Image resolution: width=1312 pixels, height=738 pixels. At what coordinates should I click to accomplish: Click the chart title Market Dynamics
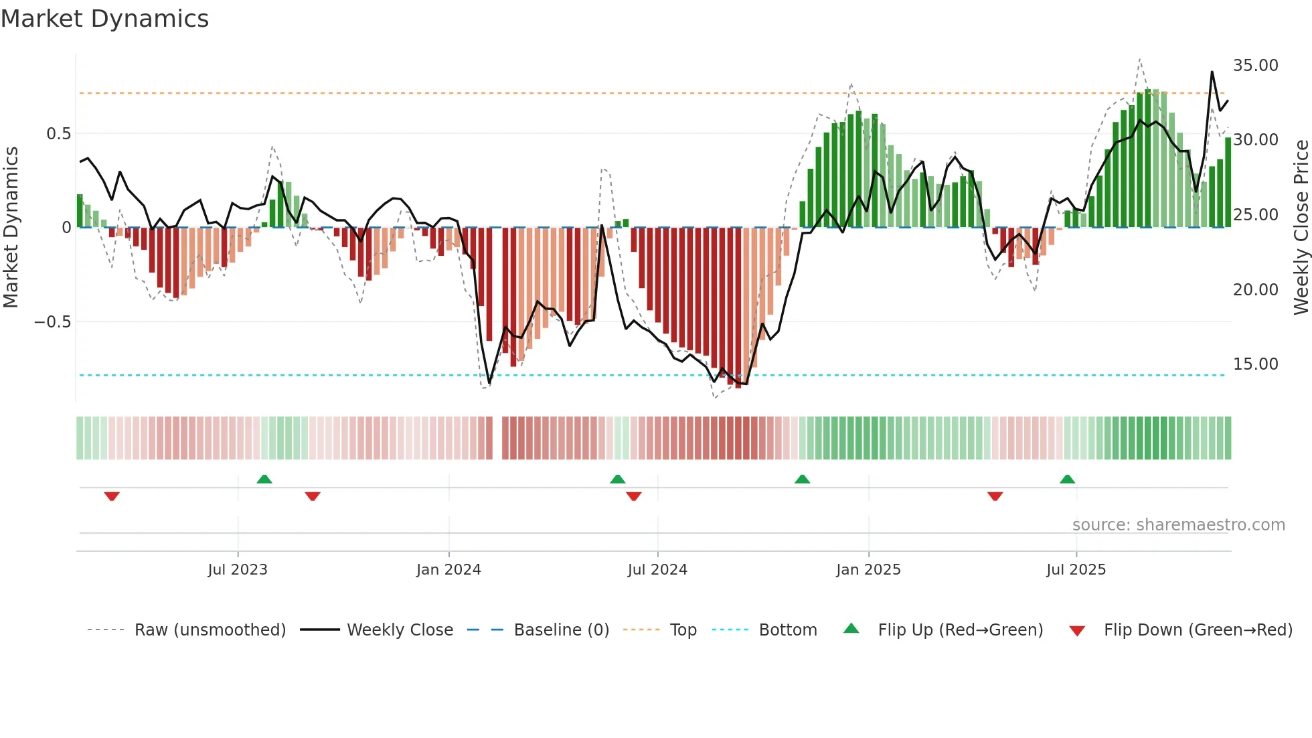[104, 19]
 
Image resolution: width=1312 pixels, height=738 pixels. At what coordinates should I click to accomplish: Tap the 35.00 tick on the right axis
[1255, 66]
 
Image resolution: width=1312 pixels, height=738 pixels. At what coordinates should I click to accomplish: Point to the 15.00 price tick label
[1255, 364]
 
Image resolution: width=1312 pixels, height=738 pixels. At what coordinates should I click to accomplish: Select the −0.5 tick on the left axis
[52, 322]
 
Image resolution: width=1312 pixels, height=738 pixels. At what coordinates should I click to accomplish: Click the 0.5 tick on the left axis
[58, 134]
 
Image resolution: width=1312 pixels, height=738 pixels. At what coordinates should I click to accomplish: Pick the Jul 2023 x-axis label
[237, 570]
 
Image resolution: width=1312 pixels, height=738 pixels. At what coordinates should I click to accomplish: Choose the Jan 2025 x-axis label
[868, 570]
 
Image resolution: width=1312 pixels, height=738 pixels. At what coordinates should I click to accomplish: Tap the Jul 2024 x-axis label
[657, 570]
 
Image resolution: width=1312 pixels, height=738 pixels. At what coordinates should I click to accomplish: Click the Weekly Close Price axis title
[1301, 227]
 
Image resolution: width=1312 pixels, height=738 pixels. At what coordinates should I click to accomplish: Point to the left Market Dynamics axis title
[11, 227]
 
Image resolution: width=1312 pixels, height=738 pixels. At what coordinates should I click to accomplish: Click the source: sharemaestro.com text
[1178, 525]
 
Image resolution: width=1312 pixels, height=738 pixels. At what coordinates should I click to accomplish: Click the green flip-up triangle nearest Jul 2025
[1067, 479]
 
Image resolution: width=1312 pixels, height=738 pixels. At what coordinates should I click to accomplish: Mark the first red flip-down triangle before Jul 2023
[112, 496]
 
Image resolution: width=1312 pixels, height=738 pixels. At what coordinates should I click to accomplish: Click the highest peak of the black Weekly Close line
[1212, 72]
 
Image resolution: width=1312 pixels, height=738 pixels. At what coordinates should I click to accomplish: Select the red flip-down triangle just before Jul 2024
[633, 496]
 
